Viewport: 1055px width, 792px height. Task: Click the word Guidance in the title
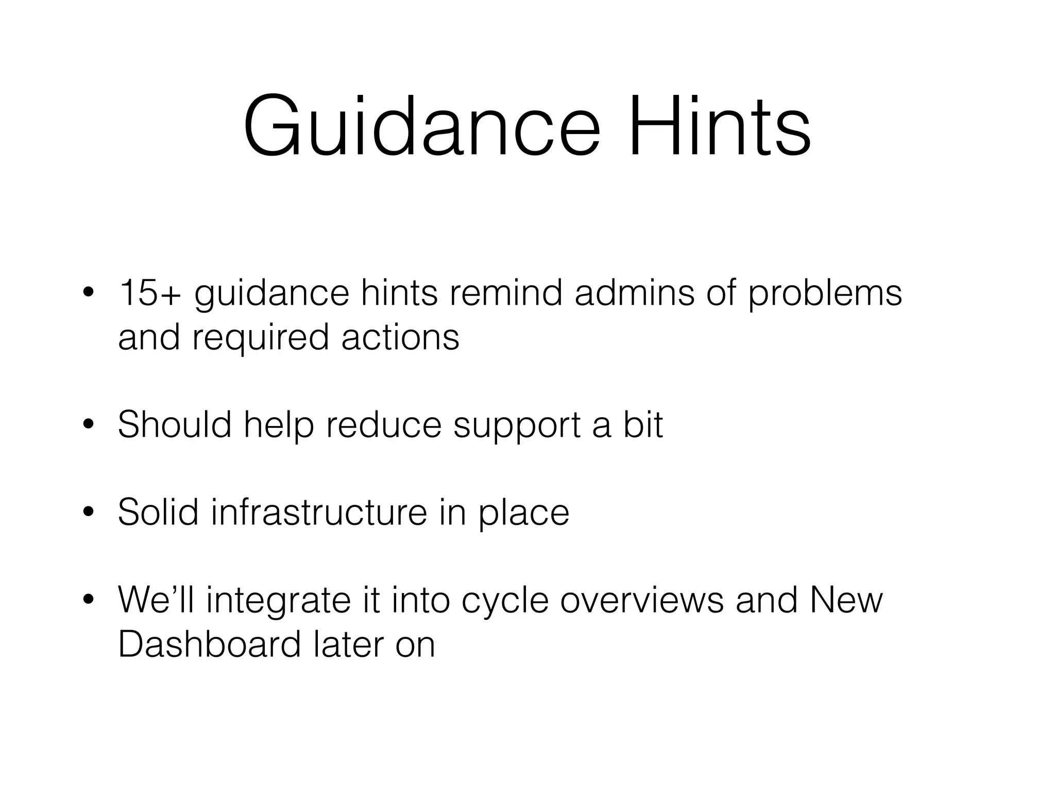click(421, 126)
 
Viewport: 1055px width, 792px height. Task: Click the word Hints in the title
click(719, 126)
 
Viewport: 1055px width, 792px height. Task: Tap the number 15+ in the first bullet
click(150, 293)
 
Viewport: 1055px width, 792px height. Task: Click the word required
click(261, 338)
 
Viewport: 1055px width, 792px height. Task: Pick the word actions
click(400, 338)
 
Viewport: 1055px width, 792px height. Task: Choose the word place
click(524, 513)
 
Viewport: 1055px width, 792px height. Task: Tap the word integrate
click(279, 601)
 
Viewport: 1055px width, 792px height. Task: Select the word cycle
click(505, 601)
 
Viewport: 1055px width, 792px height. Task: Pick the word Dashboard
click(209, 644)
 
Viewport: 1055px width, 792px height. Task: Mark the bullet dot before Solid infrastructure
click(88, 513)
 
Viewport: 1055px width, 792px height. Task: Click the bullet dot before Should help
click(88, 425)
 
